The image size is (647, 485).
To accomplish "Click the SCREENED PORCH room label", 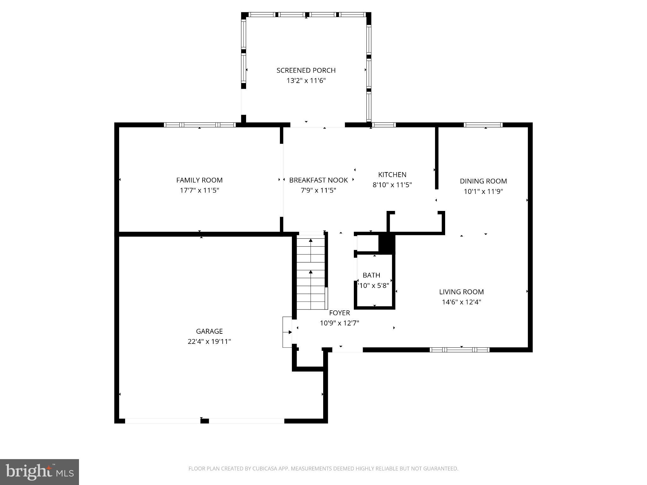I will [306, 70].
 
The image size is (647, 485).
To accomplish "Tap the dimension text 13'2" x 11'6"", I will [306, 81].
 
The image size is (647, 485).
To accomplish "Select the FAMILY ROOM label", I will [199, 180].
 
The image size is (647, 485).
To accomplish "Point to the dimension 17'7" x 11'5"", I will [199, 190].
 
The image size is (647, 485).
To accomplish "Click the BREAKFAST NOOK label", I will [318, 180].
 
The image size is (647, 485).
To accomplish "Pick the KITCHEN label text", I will [392, 175].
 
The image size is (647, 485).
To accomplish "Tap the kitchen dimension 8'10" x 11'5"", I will [392, 185].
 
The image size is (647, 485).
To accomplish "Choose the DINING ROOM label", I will [483, 181].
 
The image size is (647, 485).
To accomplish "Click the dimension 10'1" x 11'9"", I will [483, 191].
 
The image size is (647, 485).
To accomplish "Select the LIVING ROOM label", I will [461, 292].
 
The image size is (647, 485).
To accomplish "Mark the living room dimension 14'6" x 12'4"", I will [461, 302].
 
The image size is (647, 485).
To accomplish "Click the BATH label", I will [371, 275].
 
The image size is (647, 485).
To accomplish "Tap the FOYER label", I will [339, 313].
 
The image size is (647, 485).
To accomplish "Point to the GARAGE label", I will [209, 331].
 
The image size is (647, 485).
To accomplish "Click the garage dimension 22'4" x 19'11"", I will [209, 341].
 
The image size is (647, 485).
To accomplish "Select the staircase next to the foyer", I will [311, 272].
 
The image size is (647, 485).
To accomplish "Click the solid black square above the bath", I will [387, 243].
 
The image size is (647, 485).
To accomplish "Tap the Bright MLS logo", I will [39, 472].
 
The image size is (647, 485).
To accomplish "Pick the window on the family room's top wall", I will [200, 125].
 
